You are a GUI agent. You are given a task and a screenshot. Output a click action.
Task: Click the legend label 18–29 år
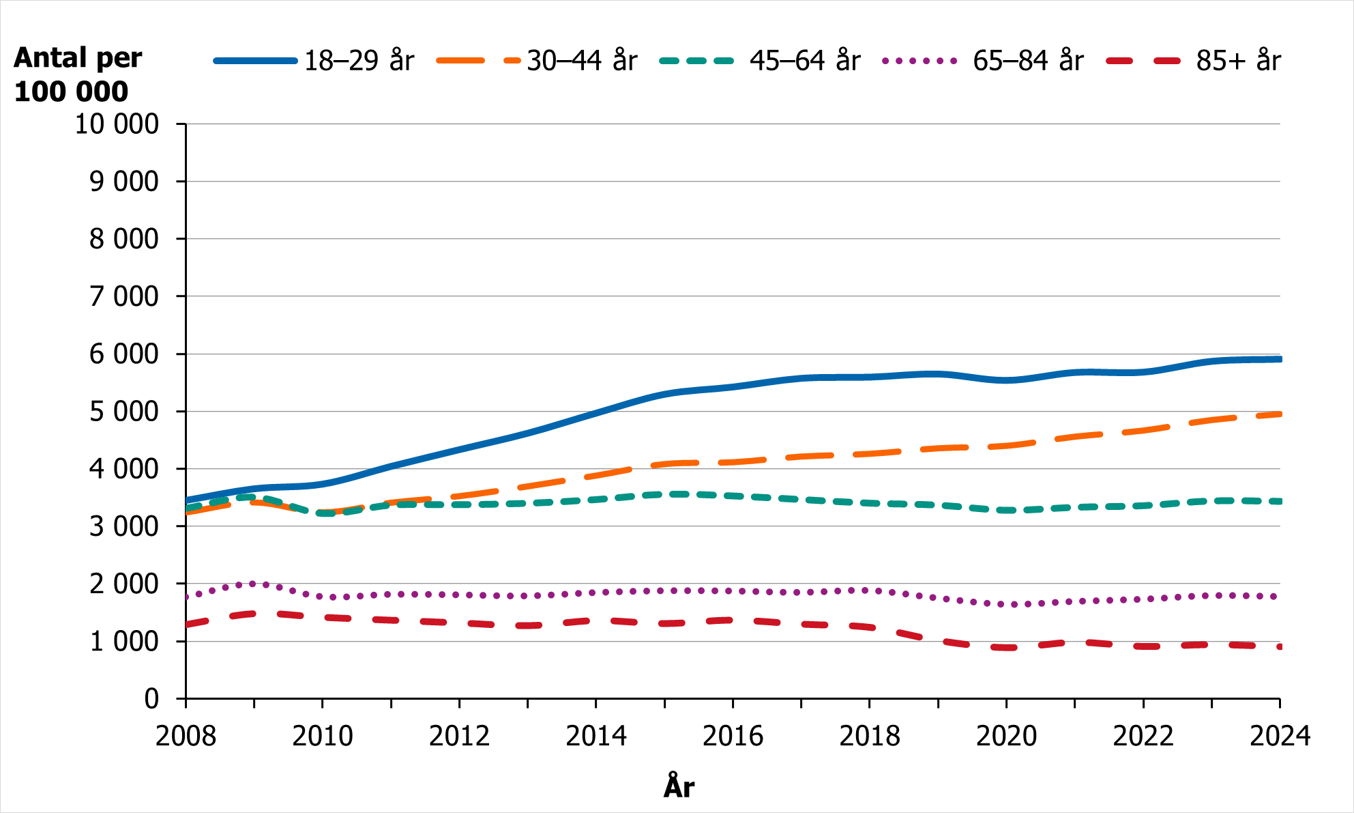tap(359, 61)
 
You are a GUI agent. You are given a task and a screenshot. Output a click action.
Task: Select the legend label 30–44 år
tap(582, 61)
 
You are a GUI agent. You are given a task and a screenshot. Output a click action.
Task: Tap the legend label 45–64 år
tap(805, 61)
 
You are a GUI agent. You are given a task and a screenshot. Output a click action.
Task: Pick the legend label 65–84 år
tap(1028, 61)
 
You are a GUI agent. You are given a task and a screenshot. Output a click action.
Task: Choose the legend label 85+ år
tap(1238, 61)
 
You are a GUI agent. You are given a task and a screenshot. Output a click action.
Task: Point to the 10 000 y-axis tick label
tap(117, 124)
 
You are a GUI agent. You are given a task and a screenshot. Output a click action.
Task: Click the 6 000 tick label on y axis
tap(124, 354)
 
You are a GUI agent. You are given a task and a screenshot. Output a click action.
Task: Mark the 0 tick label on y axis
tap(151, 699)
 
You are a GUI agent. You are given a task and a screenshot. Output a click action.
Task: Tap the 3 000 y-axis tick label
tap(124, 527)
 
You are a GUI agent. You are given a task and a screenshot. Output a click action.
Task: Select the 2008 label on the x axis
tap(186, 737)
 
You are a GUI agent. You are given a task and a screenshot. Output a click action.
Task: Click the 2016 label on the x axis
tap(733, 737)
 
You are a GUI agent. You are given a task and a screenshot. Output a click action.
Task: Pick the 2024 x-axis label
tap(1280, 737)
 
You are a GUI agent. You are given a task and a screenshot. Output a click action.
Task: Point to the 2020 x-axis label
tap(1006, 737)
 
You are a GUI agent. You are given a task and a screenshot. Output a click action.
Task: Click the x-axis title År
tap(679, 786)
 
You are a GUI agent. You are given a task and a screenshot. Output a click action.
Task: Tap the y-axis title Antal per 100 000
tap(77, 74)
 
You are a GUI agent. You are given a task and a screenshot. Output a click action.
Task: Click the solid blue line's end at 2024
tap(1279, 359)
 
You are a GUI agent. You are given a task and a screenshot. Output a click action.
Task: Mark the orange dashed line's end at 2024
tap(1279, 414)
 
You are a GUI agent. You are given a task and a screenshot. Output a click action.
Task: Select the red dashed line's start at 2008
tap(187, 625)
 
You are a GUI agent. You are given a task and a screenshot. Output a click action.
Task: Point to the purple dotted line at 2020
tap(1006, 604)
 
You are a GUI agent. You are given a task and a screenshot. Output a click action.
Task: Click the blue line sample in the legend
tap(256, 61)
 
